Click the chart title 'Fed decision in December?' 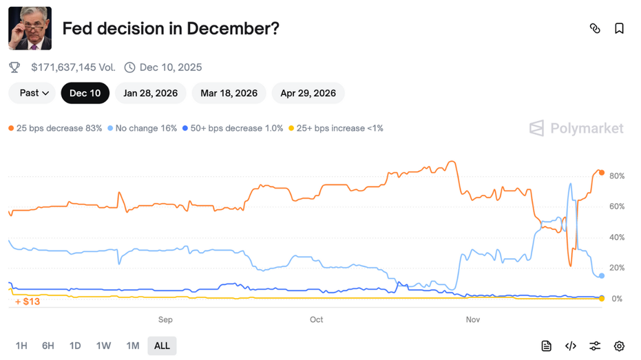click(x=171, y=29)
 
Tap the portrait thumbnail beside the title click(x=30, y=29)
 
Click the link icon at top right click(x=595, y=29)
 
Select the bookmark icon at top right click(x=619, y=29)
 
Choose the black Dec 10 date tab click(x=85, y=93)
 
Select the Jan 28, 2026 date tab click(x=150, y=93)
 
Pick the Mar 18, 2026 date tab click(x=229, y=93)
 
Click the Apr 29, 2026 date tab click(x=308, y=93)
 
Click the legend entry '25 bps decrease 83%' click(x=55, y=128)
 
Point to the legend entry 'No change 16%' click(x=143, y=128)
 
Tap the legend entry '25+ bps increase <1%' click(x=336, y=128)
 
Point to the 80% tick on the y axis click(x=617, y=176)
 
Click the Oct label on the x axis click(x=316, y=319)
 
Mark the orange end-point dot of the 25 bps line click(x=601, y=173)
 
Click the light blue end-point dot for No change click(x=602, y=276)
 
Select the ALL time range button click(x=162, y=346)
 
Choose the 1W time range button click(x=103, y=346)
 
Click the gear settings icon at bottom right click(x=619, y=346)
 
